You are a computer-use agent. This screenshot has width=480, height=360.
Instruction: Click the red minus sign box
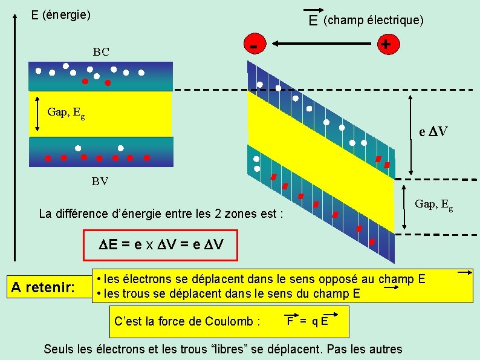pos(256,44)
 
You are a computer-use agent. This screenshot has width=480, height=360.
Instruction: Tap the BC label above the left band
pos(101,52)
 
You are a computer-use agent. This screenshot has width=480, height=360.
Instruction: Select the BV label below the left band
pos(101,181)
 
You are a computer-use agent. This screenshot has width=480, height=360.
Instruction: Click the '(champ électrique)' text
pos(374,21)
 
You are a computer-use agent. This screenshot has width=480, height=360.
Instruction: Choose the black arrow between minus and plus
pos(321,44)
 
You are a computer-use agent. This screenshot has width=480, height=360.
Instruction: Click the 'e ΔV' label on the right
pos(433,131)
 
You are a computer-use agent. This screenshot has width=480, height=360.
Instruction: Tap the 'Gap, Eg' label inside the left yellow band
pos(66,112)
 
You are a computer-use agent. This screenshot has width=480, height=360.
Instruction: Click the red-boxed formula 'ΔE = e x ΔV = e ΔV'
pos(161,245)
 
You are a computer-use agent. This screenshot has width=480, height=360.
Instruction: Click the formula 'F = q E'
pos(308,321)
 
